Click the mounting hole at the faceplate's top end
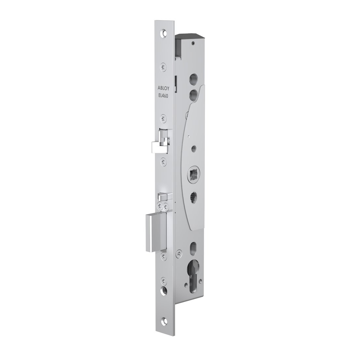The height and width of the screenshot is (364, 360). pos(164,33)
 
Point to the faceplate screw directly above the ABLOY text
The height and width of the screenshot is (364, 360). pos(163,67)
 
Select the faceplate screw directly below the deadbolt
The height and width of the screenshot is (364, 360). pos(163,256)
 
